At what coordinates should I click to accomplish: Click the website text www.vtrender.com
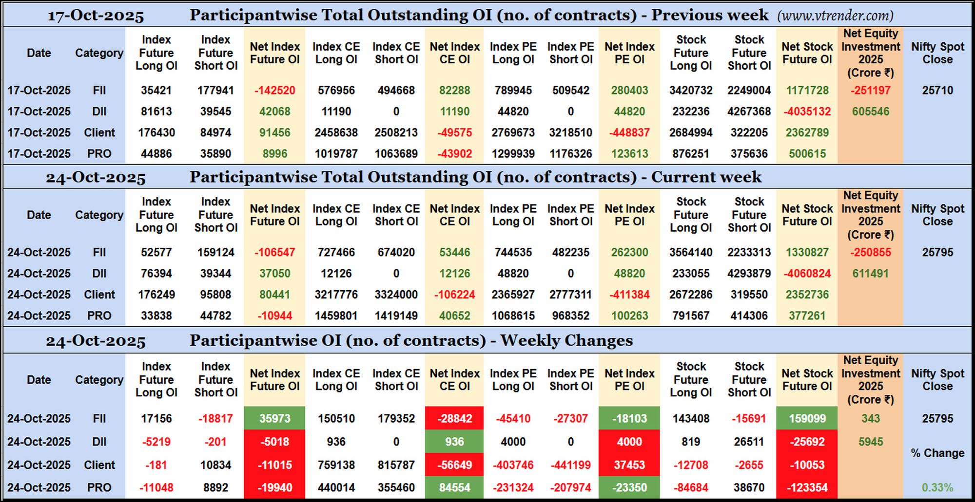tap(835, 16)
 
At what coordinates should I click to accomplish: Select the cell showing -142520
tap(275, 91)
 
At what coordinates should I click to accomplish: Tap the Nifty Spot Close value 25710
tap(937, 91)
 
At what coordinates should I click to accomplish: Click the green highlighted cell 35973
tap(275, 418)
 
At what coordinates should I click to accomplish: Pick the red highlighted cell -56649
tap(454, 465)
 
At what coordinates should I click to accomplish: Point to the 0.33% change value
tap(937, 487)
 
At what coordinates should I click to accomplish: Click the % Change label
tap(937, 453)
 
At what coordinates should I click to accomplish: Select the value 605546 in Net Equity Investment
tap(870, 112)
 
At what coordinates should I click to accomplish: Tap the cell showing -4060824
tap(807, 274)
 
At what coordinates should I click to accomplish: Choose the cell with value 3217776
tap(336, 295)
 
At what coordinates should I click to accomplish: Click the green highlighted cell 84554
tap(454, 487)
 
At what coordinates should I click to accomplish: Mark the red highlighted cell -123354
tap(807, 487)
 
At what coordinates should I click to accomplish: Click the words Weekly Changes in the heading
tap(566, 340)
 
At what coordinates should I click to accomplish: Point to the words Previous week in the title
tap(710, 15)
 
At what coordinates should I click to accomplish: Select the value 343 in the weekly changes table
tap(870, 418)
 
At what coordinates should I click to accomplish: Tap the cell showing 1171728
tap(807, 91)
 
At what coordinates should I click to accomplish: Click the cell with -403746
tap(513, 465)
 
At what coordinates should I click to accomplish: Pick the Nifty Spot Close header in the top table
tap(937, 53)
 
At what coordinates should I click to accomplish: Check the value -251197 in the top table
tap(870, 91)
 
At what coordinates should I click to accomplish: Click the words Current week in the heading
tap(706, 177)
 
